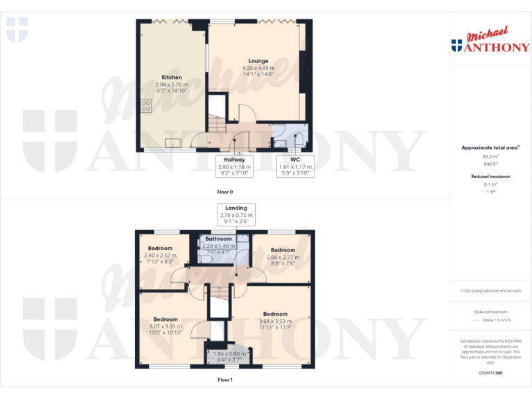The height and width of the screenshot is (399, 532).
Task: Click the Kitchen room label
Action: tap(172, 78)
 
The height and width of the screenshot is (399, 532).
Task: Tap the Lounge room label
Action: tap(258, 61)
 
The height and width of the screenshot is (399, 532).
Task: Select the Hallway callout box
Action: tap(234, 166)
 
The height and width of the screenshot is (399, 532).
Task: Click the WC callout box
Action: tap(295, 166)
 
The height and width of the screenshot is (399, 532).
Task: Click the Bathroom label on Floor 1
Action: tap(219, 239)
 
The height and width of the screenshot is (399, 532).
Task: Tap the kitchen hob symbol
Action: tap(147, 106)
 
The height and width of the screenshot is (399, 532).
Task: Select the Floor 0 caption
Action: tap(224, 190)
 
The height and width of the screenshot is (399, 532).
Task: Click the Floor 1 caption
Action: tap(224, 380)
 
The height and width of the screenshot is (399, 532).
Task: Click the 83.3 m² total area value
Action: tap(491, 157)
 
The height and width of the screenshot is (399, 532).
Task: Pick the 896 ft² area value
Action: tap(491, 165)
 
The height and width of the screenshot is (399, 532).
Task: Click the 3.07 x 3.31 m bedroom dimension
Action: tap(166, 326)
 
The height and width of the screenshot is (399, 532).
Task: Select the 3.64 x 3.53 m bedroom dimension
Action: tap(275, 321)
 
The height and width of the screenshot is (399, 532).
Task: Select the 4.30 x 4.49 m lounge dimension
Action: tap(258, 68)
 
